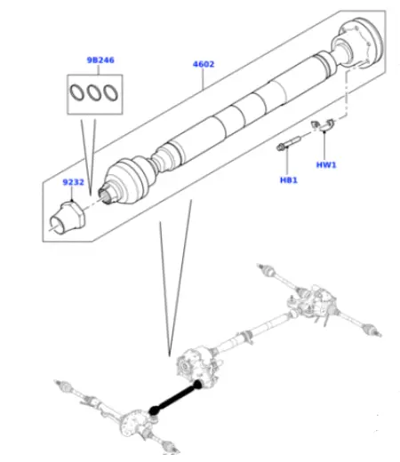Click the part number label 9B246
[x=99, y=60]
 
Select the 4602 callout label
[x=204, y=64]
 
